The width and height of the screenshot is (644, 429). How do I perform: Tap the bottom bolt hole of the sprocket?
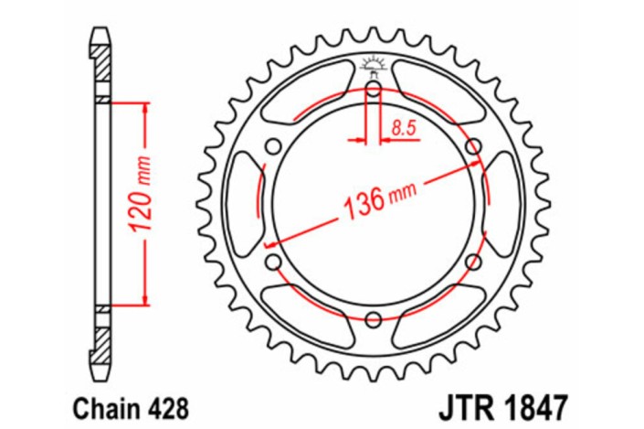[x=374, y=319]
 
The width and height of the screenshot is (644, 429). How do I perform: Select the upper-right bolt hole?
[x=473, y=146]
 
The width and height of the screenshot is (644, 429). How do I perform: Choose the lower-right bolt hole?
[x=473, y=263]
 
